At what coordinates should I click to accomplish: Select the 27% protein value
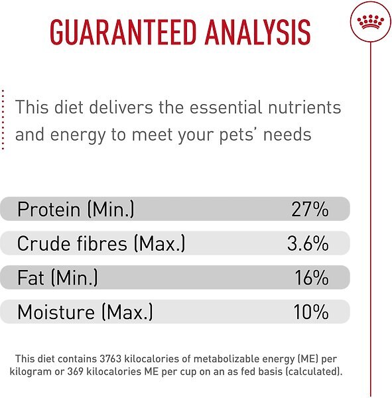(310, 210)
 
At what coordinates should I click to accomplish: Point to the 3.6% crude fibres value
(308, 244)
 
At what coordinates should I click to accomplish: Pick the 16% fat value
(311, 278)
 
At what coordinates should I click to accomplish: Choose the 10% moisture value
(310, 312)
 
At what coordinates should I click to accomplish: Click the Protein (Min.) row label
(76, 210)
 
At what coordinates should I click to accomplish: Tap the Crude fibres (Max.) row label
(101, 244)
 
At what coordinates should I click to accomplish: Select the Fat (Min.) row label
(58, 278)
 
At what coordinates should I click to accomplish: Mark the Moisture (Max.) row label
(85, 312)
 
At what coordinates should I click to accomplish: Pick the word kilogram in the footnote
(33, 372)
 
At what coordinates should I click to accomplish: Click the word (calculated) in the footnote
(314, 372)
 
